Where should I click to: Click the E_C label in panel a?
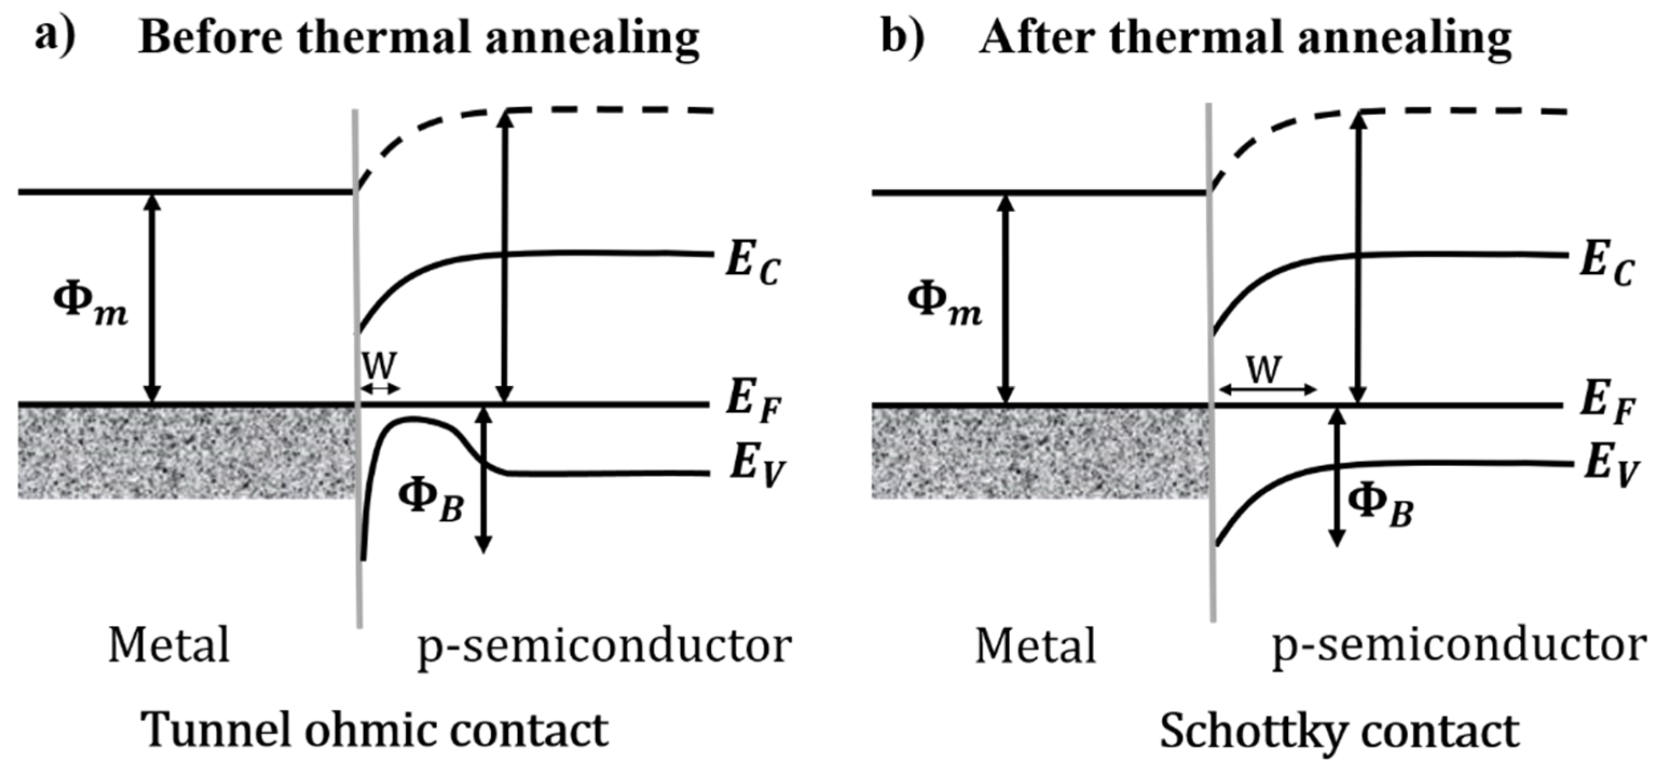pos(752,264)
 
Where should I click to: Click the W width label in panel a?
pos(378,367)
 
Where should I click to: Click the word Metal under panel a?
pos(169,645)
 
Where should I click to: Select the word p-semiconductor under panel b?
pos(1458,645)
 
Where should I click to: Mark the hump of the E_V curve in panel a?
pos(412,420)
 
